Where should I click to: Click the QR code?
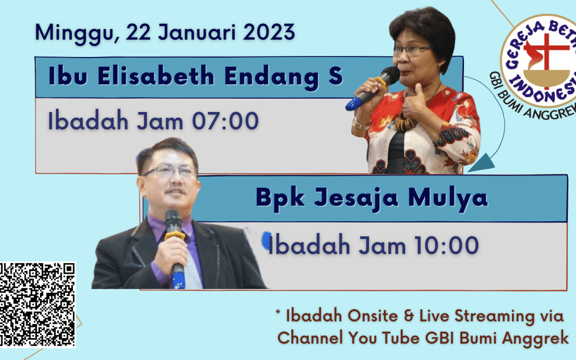click(x=37, y=305)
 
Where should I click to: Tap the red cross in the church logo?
click(x=546, y=59)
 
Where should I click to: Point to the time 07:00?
click(x=226, y=121)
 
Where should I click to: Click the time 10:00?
click(x=446, y=245)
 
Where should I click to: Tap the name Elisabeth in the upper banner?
click(x=156, y=76)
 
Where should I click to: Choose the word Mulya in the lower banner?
click(x=448, y=198)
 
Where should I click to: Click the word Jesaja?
click(x=356, y=198)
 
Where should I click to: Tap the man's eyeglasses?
click(x=170, y=171)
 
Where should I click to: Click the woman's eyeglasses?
click(x=411, y=50)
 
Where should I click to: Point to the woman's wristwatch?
click(x=361, y=124)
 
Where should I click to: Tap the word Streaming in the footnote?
click(x=494, y=316)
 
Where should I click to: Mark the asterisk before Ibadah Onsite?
click(x=278, y=313)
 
